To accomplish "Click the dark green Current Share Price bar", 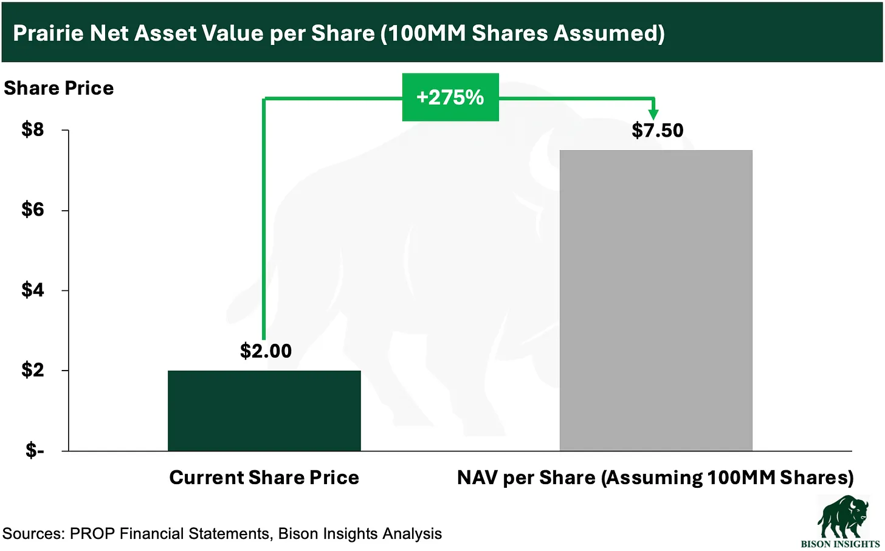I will click(264, 411).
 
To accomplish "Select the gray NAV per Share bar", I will click(655, 300).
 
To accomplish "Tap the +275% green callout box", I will click(450, 97).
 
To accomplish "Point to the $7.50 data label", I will click(657, 131).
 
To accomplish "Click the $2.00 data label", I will click(266, 351).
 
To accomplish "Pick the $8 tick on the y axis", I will click(33, 129).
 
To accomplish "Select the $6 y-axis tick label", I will click(33, 210).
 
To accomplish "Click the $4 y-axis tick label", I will click(33, 290).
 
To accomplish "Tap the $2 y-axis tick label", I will click(33, 370).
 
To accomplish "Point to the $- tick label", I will click(35, 450).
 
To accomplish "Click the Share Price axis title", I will click(58, 88).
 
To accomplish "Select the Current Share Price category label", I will click(264, 477).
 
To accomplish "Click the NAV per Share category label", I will click(655, 477).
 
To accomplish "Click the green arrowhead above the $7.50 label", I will click(653, 113).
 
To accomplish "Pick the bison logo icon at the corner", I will click(842, 516).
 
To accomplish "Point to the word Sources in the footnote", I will click(33, 534).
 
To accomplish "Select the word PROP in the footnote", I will click(94, 534).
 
